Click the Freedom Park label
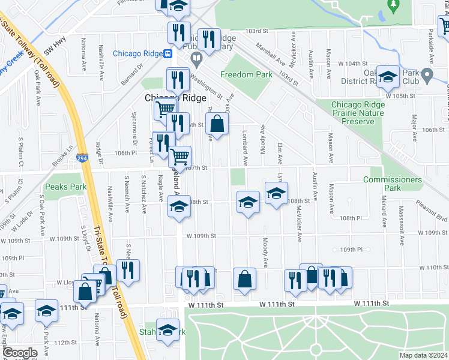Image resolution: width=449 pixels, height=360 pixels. pyautogui.click(x=246, y=75)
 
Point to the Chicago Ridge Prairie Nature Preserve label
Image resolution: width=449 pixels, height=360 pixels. pyautogui.click(x=358, y=113)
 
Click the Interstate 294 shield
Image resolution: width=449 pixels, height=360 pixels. pyautogui.click(x=80, y=158)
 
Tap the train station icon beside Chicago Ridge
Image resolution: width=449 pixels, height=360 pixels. pyautogui.click(x=168, y=53)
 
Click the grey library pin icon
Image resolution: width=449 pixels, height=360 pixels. pyautogui.click(x=196, y=59)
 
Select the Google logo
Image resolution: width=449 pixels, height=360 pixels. pyautogui.click(x=20, y=353)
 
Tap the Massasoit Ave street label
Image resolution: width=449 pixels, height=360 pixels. pyautogui.click(x=401, y=225)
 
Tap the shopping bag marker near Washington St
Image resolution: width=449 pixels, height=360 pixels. pyautogui.click(x=217, y=124)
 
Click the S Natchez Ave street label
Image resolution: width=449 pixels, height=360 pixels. pyautogui.click(x=144, y=194)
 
